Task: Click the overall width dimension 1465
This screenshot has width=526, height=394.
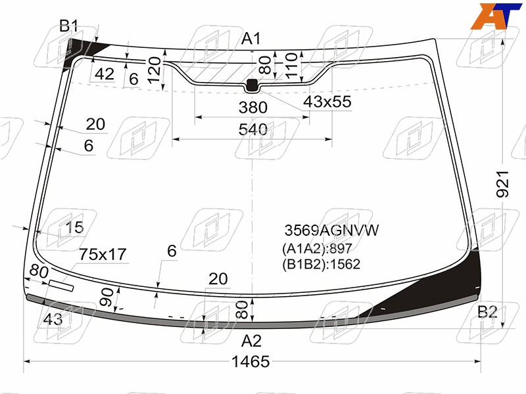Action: (251, 362)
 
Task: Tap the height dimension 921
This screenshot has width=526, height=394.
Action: (502, 184)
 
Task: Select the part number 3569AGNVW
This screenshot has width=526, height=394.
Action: (331, 230)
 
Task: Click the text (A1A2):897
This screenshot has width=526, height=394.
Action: (317, 249)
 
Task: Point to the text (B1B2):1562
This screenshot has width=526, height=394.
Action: (321, 265)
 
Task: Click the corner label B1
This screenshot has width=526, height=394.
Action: (69, 26)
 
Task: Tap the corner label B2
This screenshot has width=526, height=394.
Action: (487, 312)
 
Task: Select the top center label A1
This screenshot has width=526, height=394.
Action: (251, 39)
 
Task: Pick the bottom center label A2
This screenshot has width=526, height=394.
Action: (251, 341)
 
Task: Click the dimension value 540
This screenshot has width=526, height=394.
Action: (253, 129)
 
